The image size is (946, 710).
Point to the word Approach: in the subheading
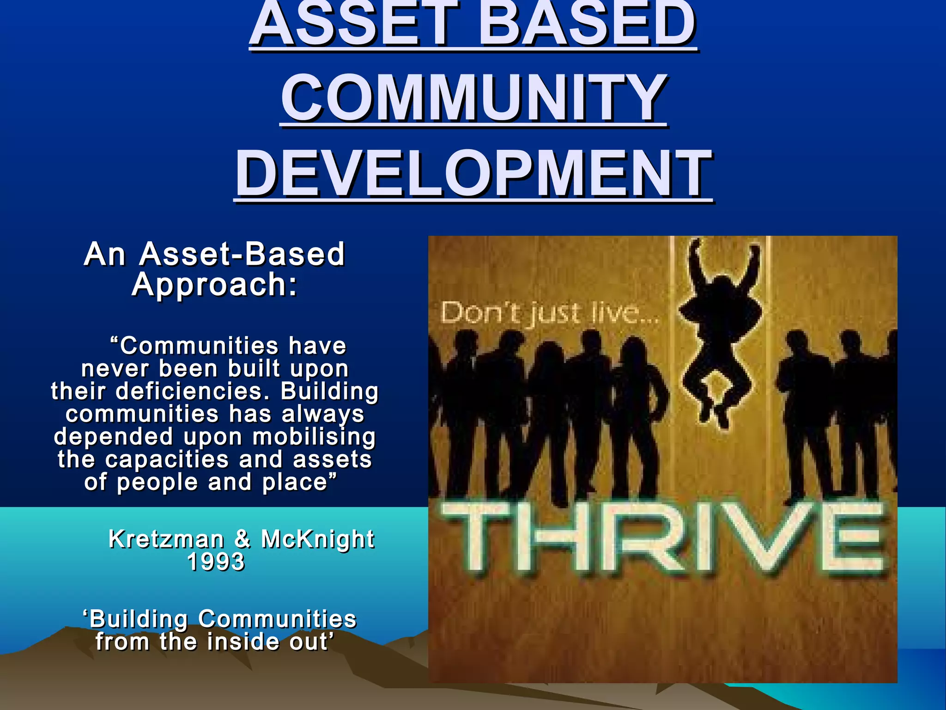[215, 284]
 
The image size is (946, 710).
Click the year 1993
[216, 562]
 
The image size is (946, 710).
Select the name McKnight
[318, 539]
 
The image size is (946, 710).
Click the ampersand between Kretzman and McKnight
[243, 539]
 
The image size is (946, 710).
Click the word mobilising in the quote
[314, 437]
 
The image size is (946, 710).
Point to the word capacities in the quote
[167, 459]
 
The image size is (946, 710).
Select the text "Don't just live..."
[550, 313]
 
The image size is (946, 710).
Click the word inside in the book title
[243, 642]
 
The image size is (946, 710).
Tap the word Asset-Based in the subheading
[242, 254]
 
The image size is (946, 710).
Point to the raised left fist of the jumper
[695, 245]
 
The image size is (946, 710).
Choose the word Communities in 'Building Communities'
[277, 619]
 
